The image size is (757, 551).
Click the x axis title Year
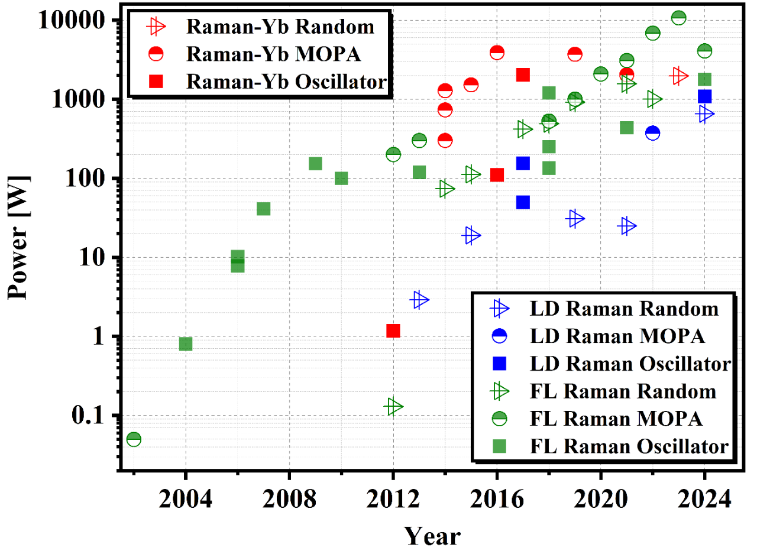coord(432,536)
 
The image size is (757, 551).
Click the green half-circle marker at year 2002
coord(134,439)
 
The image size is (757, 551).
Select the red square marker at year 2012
coord(393,330)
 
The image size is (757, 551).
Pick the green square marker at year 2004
coord(186,343)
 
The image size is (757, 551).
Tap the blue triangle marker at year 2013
coord(419,300)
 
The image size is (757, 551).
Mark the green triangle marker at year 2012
coord(393,407)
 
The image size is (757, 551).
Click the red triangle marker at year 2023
coord(678,75)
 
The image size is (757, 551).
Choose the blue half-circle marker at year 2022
coord(653,133)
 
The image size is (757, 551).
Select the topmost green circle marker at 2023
coord(679,18)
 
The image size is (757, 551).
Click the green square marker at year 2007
coord(264,209)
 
